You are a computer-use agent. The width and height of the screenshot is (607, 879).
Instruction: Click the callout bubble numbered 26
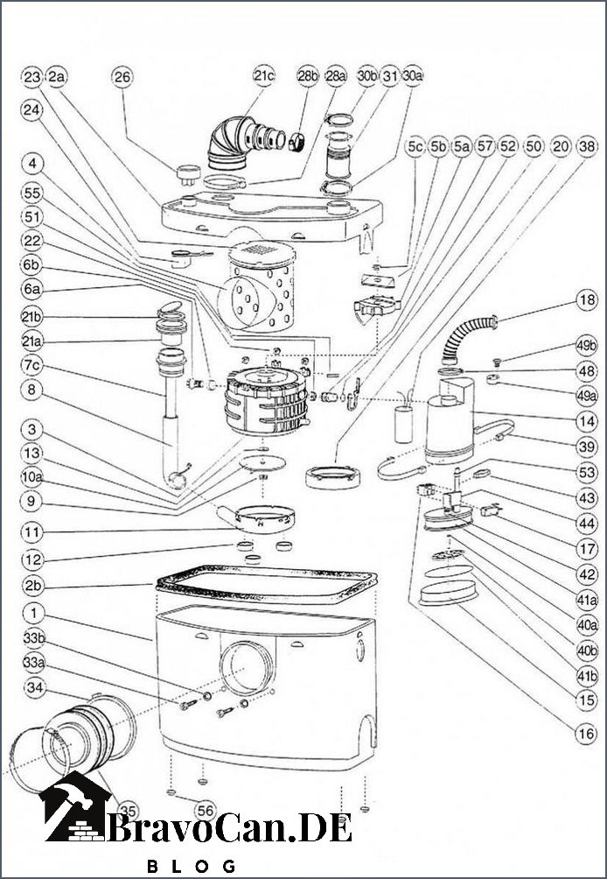point(122,77)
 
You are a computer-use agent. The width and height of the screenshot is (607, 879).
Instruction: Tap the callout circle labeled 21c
point(264,77)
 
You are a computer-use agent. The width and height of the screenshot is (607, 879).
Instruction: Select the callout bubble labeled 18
point(586,300)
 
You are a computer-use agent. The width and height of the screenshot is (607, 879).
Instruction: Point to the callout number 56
point(206,810)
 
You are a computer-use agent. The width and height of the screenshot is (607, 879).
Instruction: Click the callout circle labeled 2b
point(33,587)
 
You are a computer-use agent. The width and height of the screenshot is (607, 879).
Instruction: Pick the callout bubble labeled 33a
point(33,662)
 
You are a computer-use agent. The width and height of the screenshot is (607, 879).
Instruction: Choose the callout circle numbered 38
point(586,147)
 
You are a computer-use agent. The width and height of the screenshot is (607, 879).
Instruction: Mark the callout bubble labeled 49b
point(586,344)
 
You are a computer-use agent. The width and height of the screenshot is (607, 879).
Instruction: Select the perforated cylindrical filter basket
point(258,286)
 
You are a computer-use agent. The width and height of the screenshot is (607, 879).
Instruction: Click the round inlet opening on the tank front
point(247,667)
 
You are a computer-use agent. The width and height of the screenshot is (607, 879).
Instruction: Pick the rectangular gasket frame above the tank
point(267,585)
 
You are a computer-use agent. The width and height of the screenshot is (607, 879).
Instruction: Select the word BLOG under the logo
point(191,866)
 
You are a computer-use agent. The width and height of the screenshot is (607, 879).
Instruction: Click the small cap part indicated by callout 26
point(188,172)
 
